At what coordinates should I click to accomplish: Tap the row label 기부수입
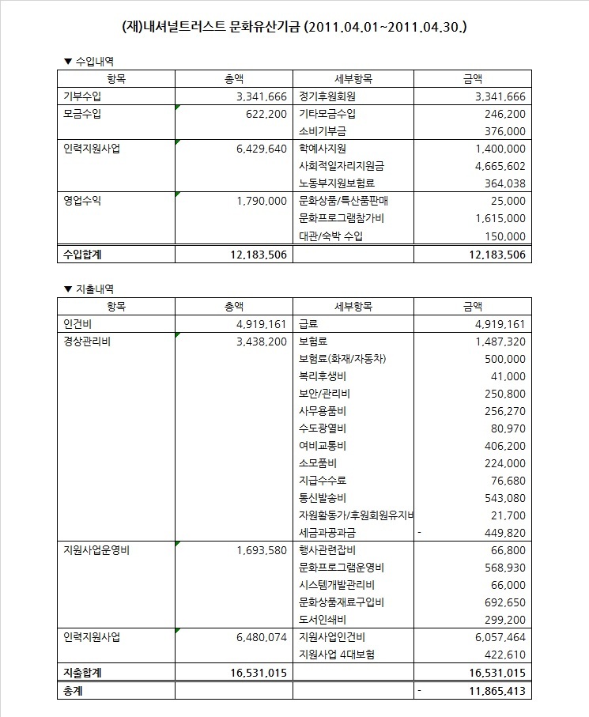[82, 96]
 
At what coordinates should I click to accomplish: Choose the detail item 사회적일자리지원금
[341, 166]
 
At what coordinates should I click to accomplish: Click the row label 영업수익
[82, 201]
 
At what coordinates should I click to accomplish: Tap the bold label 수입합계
[82, 254]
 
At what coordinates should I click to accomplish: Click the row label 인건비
[77, 324]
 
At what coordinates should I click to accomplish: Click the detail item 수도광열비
[323, 428]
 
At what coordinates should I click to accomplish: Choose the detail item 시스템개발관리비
[337, 585]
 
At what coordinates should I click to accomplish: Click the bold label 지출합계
[82, 673]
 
